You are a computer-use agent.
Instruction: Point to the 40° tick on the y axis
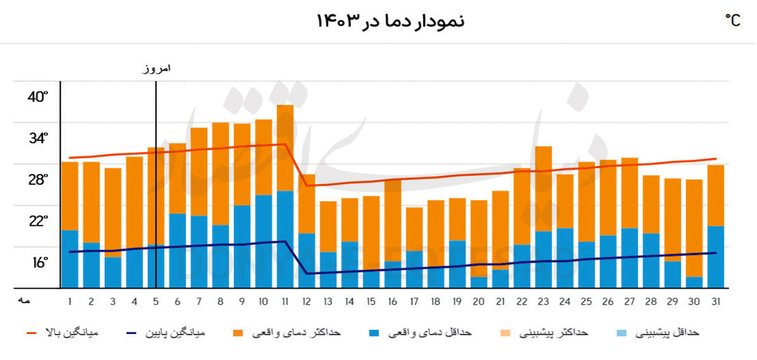pyautogui.click(x=37, y=97)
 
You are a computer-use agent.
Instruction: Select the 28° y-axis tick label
pyautogui.click(x=37, y=180)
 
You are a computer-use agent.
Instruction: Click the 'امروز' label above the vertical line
pyautogui.click(x=155, y=69)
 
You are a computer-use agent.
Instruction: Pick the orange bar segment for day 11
pyautogui.click(x=285, y=148)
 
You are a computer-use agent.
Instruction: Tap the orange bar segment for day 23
pyautogui.click(x=544, y=189)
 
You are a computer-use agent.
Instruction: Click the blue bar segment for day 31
pyautogui.click(x=715, y=256)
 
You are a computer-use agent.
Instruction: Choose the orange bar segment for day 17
pyautogui.click(x=414, y=229)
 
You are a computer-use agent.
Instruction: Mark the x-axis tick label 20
pyautogui.click(x=479, y=301)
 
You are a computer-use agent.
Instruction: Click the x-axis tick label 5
pyautogui.click(x=156, y=301)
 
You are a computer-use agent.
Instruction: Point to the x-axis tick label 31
pyautogui.click(x=715, y=301)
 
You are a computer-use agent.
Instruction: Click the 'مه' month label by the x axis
pyautogui.click(x=25, y=301)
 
